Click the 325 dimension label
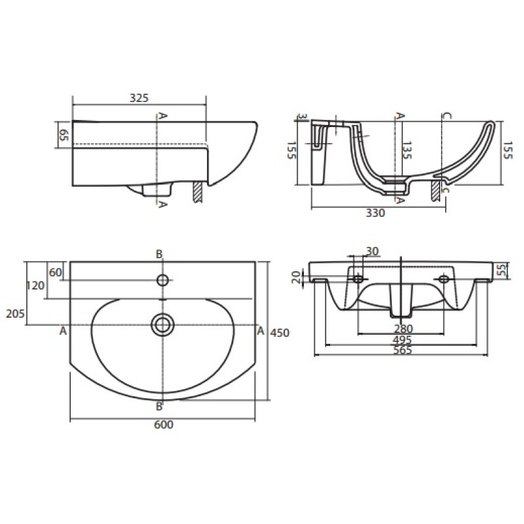139,98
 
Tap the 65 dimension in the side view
64,135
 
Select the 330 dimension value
375,213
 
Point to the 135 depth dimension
407,151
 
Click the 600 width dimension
164,424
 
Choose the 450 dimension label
280,333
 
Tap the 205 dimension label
15,314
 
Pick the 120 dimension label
35,286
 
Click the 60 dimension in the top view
56,272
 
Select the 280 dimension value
403,329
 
